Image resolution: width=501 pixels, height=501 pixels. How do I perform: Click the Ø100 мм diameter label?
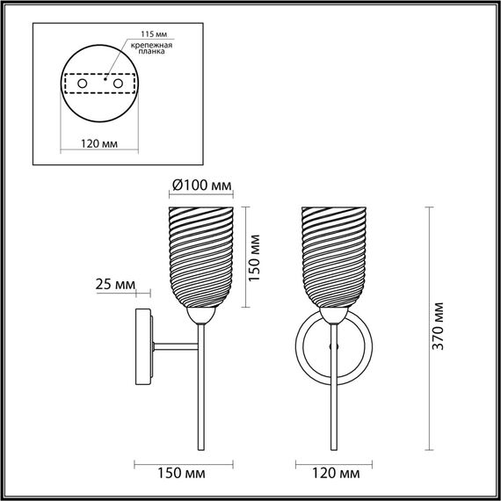point(202,185)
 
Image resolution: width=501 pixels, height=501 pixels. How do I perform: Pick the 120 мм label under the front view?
point(337,475)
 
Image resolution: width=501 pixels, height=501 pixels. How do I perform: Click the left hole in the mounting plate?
point(82,83)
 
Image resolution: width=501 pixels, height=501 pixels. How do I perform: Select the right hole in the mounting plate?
point(116,83)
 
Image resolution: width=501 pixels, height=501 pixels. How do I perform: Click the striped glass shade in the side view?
point(200,256)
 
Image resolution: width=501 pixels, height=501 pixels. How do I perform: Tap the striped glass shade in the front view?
point(334,256)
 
